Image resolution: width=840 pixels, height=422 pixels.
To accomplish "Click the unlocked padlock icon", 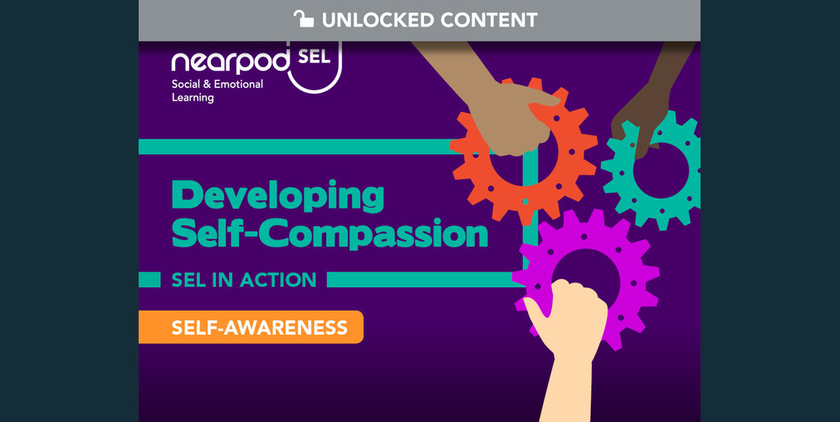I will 304,19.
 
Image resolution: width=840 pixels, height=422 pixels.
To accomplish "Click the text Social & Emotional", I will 217,85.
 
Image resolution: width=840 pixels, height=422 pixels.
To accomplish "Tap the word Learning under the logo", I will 193,98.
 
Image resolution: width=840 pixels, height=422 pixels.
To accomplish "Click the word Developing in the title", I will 277,196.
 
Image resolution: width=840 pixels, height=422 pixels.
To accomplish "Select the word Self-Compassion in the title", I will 329,234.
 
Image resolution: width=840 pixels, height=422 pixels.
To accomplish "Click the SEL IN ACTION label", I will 243,280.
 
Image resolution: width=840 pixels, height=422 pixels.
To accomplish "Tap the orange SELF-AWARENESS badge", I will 251,327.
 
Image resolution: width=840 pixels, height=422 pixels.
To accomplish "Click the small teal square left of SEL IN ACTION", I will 149,279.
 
